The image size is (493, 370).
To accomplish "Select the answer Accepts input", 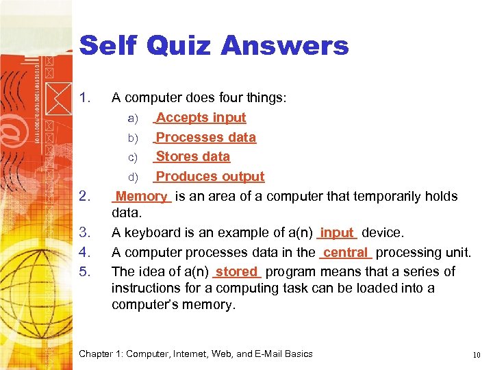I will click(x=201, y=118).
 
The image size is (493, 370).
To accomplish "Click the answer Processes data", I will click(x=205, y=137).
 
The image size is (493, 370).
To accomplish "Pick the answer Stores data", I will click(x=193, y=157).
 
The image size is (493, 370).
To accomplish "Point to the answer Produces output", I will click(x=210, y=176).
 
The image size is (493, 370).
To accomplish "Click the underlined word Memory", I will click(x=142, y=197).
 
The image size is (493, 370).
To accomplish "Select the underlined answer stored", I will click(x=236, y=272).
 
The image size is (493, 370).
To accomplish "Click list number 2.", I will click(x=85, y=197).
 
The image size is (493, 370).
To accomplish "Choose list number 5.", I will click(x=85, y=272).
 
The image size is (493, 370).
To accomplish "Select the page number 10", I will click(x=477, y=354).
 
